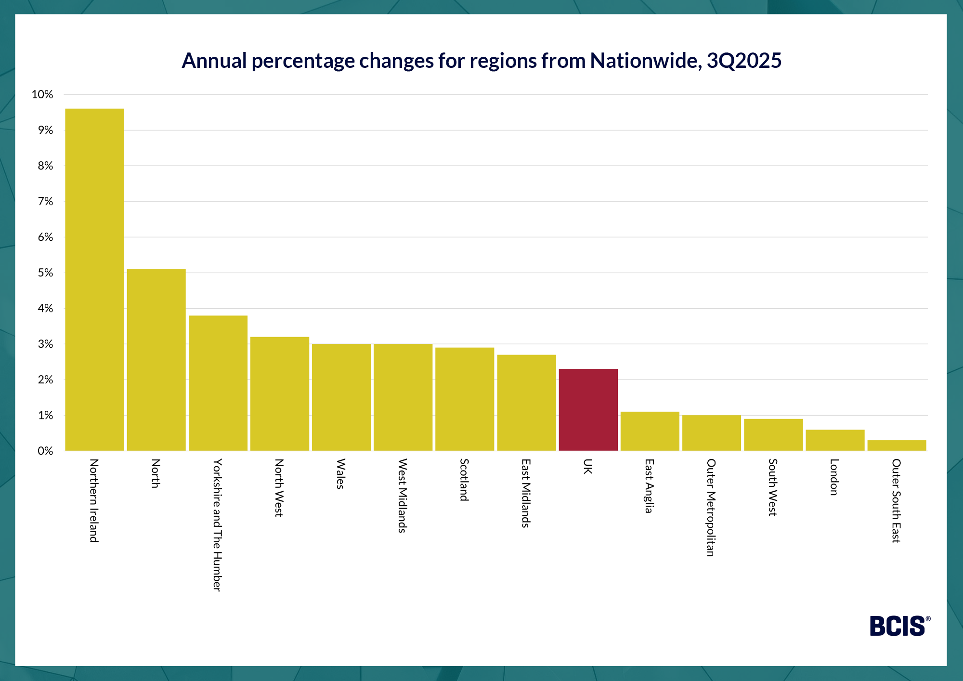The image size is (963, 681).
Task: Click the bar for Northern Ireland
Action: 94,279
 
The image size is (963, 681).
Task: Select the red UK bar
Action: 588,410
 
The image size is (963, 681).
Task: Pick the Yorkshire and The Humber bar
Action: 218,383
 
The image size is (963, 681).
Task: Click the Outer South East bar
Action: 897,445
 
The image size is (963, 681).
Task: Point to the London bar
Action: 835,440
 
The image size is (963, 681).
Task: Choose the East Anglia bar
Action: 650,431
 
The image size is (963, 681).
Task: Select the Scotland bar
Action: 465,399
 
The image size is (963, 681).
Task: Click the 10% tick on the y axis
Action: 42,94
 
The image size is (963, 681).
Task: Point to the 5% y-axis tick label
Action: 45,273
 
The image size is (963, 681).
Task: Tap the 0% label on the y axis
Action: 45,451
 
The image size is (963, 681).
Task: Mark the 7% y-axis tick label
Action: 45,201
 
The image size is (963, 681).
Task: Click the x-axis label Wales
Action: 340,474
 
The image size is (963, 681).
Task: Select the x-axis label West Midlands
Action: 403,496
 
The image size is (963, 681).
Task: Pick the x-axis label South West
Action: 772,487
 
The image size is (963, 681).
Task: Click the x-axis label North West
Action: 279,488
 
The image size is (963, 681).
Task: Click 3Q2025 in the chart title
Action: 744,61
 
